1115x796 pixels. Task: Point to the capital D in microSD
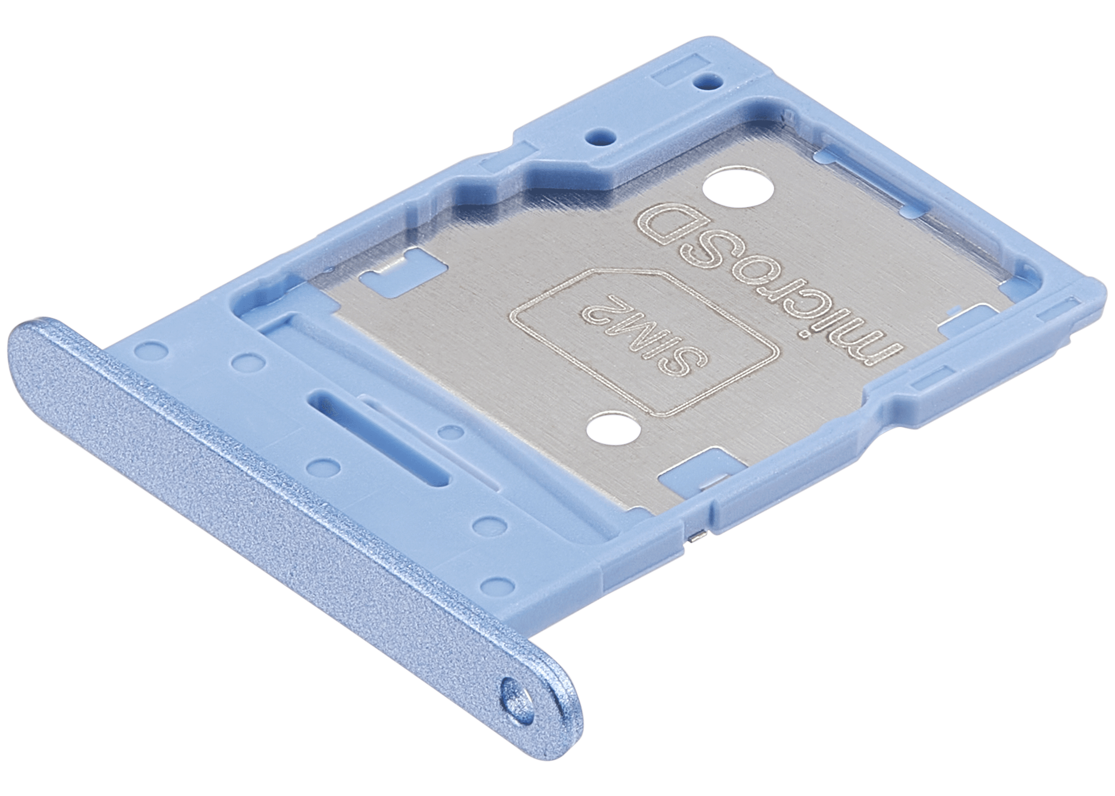coord(657,220)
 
